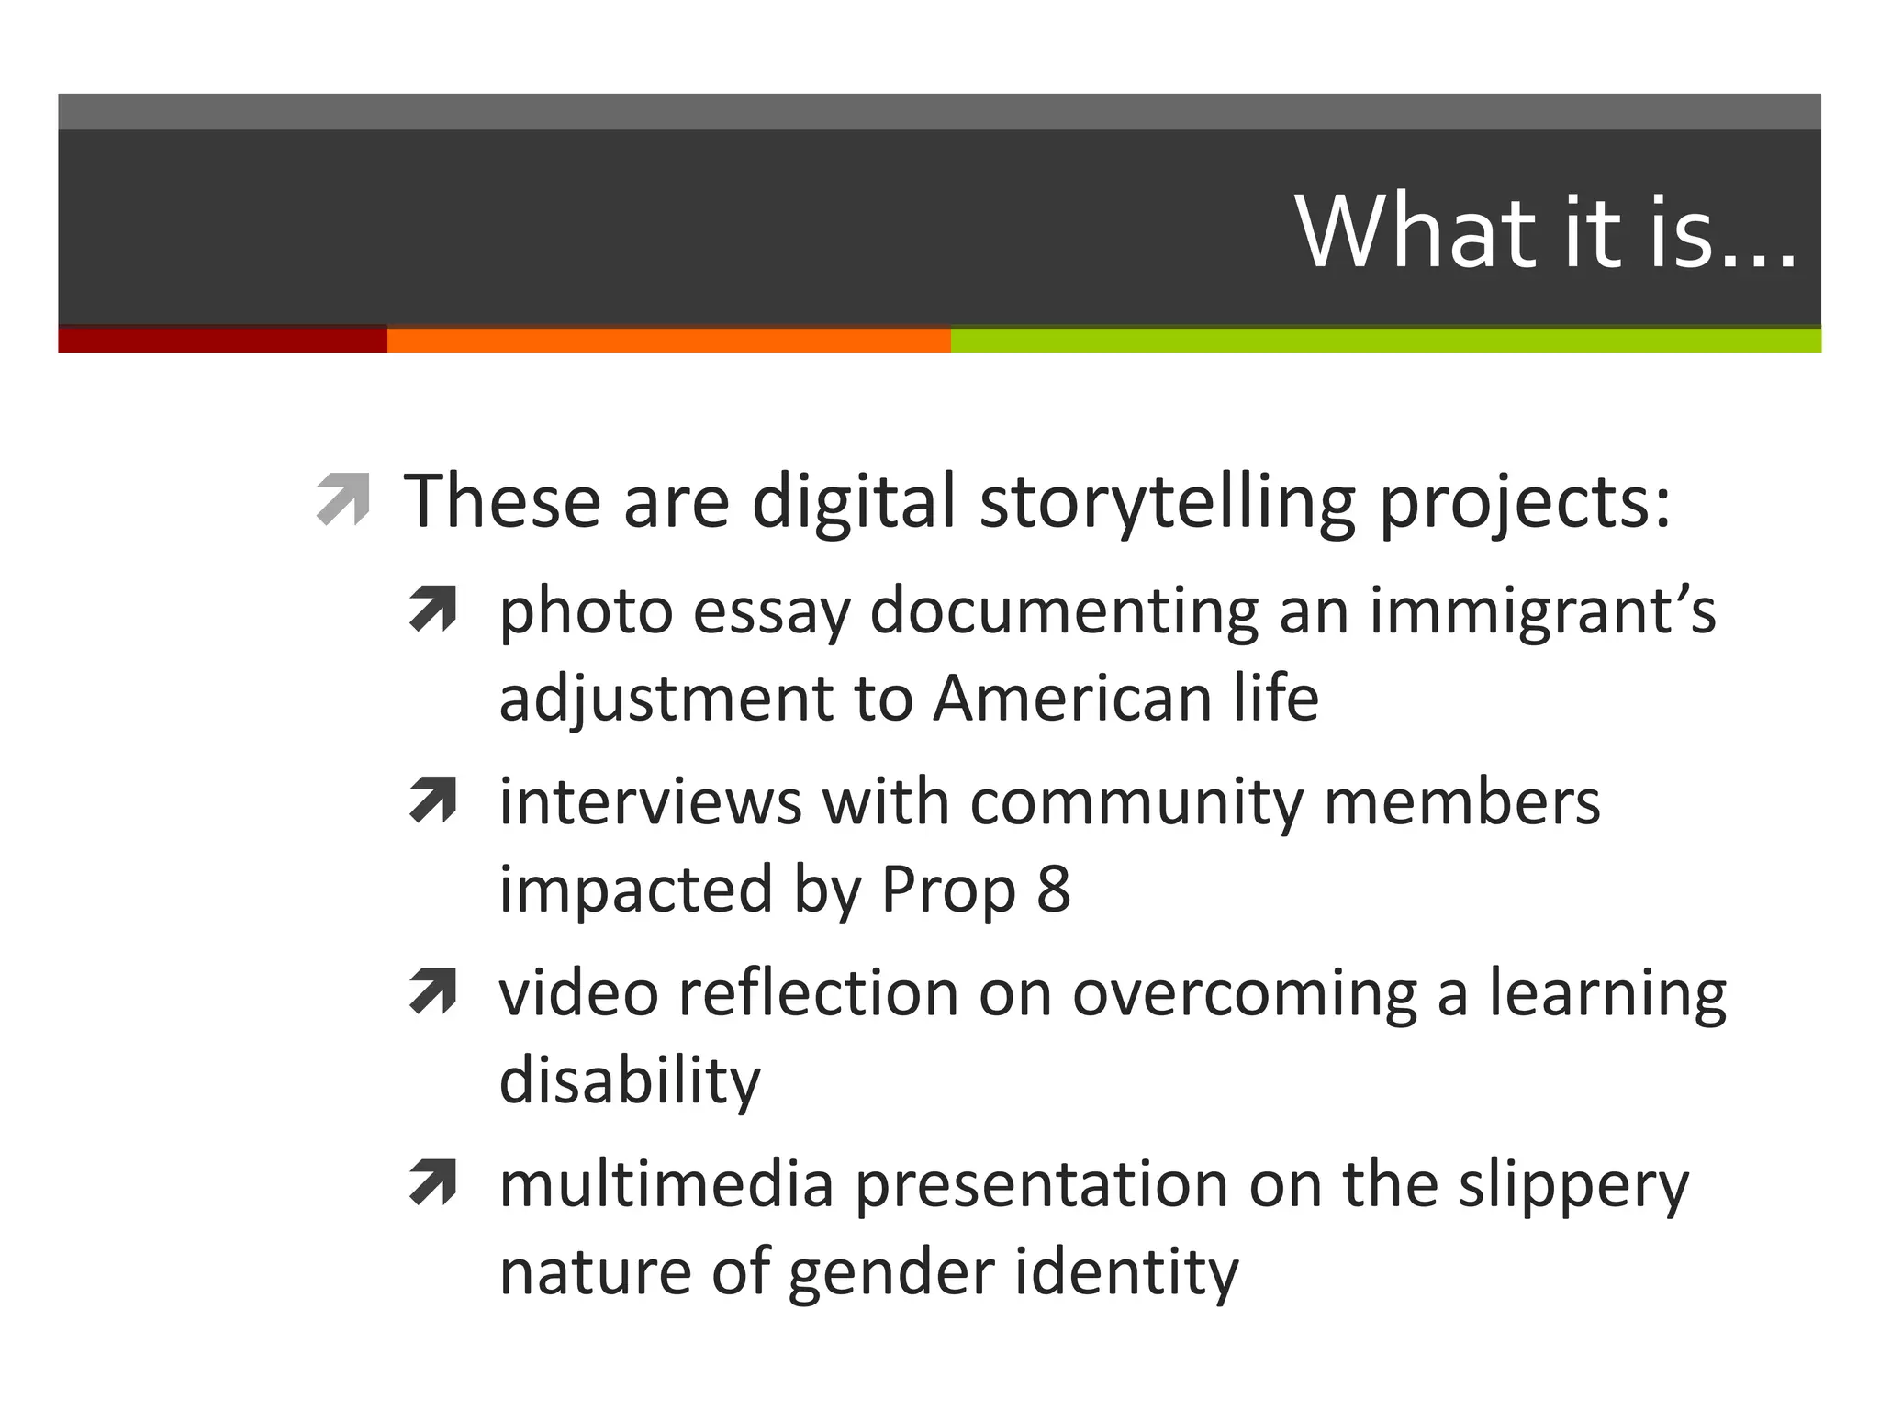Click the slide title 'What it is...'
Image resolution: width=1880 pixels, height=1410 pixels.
tap(1545, 231)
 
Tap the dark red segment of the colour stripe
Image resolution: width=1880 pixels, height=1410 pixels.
tap(222, 340)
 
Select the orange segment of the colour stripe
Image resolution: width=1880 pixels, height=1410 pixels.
tap(668, 340)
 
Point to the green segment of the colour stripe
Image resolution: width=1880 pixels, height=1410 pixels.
tap(1384, 340)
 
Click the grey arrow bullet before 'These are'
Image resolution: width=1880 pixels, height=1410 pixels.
tap(342, 499)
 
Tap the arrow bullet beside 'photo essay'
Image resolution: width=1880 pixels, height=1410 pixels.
tap(433, 610)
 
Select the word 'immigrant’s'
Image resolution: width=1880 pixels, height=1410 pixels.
tap(1542, 611)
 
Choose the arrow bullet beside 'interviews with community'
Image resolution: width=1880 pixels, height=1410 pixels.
tap(433, 800)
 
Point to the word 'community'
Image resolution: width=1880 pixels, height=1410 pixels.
tap(1136, 802)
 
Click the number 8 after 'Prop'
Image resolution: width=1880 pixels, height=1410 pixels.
tap(1054, 889)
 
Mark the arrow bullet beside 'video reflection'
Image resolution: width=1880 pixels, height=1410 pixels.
tap(433, 991)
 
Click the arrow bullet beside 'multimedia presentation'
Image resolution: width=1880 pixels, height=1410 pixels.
tap(433, 1182)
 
